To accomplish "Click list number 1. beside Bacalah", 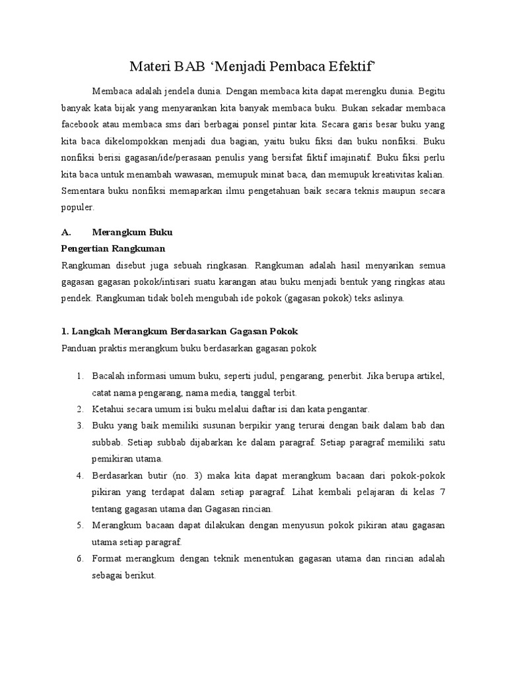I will pyautogui.click(x=79, y=376).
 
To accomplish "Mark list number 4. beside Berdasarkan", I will pyautogui.click(x=79, y=476).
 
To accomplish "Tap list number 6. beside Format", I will pyautogui.click(x=79, y=559).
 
